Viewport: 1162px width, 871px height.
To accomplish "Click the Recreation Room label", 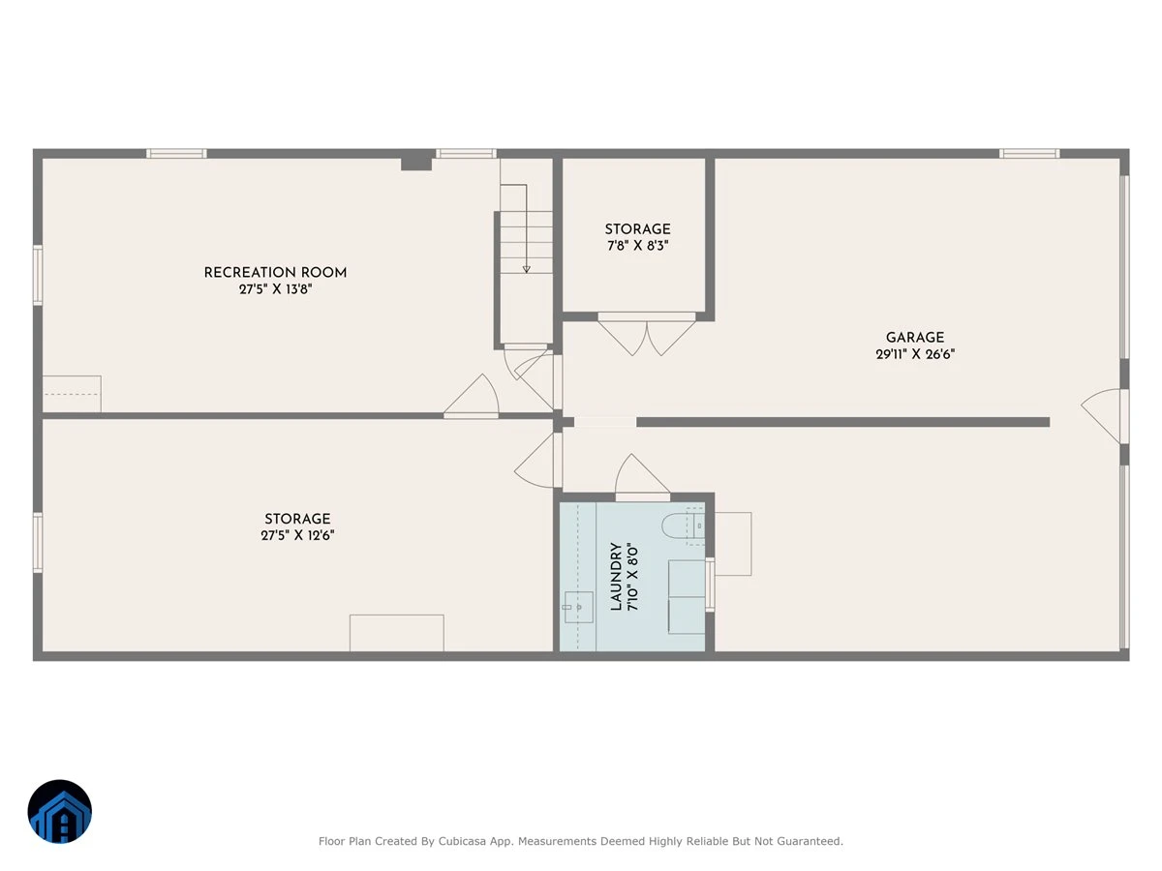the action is coord(275,272).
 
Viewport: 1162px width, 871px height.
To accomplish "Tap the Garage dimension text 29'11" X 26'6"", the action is coord(915,354).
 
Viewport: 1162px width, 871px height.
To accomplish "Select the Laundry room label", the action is coord(616,576).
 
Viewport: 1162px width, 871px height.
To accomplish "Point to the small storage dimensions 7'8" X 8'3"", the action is coord(638,246).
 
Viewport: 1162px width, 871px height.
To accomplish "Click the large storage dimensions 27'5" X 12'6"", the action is coord(297,535).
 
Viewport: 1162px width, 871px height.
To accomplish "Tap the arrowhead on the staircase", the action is coord(526,269).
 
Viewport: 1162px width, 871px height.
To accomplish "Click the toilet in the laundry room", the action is coord(683,526).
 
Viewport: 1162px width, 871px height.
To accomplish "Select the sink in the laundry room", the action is coord(579,607).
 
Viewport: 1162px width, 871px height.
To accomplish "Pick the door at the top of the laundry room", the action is coord(642,477).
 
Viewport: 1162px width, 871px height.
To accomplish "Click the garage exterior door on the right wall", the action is coord(1102,416).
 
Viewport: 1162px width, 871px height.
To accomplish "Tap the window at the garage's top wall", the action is coord(1029,154).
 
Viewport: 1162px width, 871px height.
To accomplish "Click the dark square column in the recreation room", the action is coord(416,162).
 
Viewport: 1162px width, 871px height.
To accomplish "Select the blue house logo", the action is coord(60,811).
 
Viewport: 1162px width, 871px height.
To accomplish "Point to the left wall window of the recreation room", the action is coord(38,275).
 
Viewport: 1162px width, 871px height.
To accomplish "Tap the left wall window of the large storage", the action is coord(38,542).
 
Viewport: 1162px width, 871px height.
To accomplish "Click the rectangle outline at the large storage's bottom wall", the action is coord(396,633).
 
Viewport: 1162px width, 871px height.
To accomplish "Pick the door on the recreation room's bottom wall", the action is coord(472,396).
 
